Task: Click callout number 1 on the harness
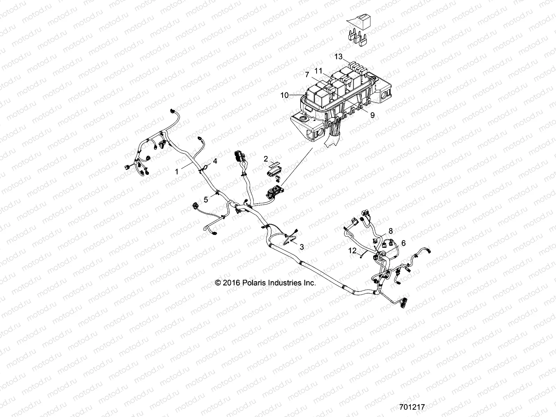point(177,171)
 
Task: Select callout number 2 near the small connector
point(266,159)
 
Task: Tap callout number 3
point(302,247)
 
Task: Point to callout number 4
point(215,161)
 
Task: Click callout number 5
point(206,199)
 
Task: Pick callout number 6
point(403,243)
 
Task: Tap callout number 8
point(391,230)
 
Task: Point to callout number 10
point(285,95)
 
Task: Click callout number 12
point(353,250)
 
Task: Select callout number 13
point(338,57)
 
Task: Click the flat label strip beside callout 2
point(275,163)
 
